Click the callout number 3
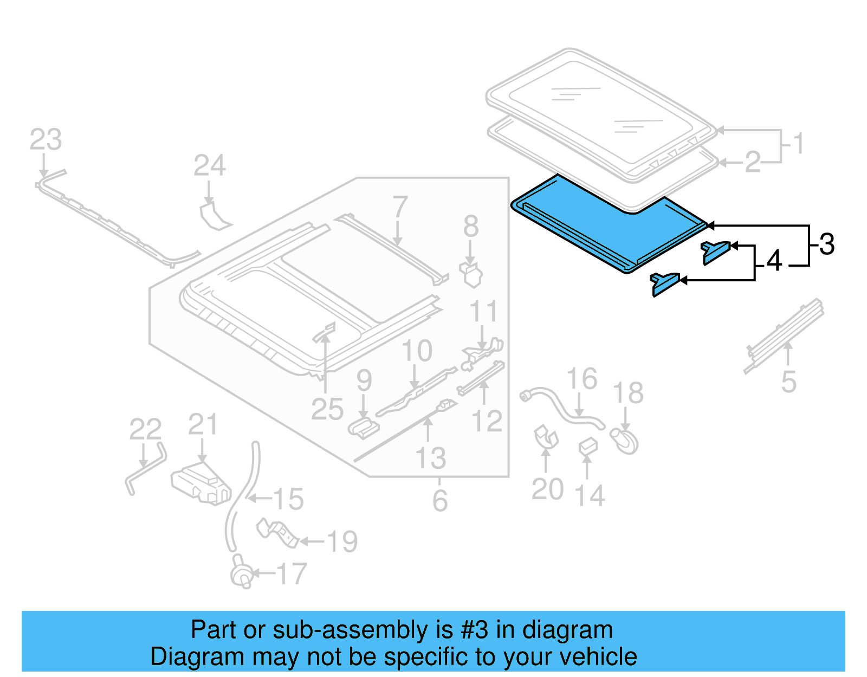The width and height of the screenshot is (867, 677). pyautogui.click(x=826, y=244)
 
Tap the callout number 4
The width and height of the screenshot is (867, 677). pyautogui.click(x=774, y=261)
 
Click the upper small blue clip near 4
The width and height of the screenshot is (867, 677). pyautogui.click(x=715, y=252)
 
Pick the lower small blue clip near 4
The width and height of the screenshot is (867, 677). pyautogui.click(x=664, y=283)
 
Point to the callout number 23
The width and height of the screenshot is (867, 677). pyautogui.click(x=46, y=140)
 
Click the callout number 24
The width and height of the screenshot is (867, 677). pyautogui.click(x=209, y=165)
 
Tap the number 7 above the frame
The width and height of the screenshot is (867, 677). pyautogui.click(x=400, y=207)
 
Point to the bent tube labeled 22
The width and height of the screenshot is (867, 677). pyautogui.click(x=145, y=467)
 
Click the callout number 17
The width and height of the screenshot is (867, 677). pyautogui.click(x=292, y=574)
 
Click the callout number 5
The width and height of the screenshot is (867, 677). pyautogui.click(x=788, y=382)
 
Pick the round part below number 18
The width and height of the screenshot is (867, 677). pyautogui.click(x=625, y=441)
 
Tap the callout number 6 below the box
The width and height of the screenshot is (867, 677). pyautogui.click(x=439, y=500)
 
